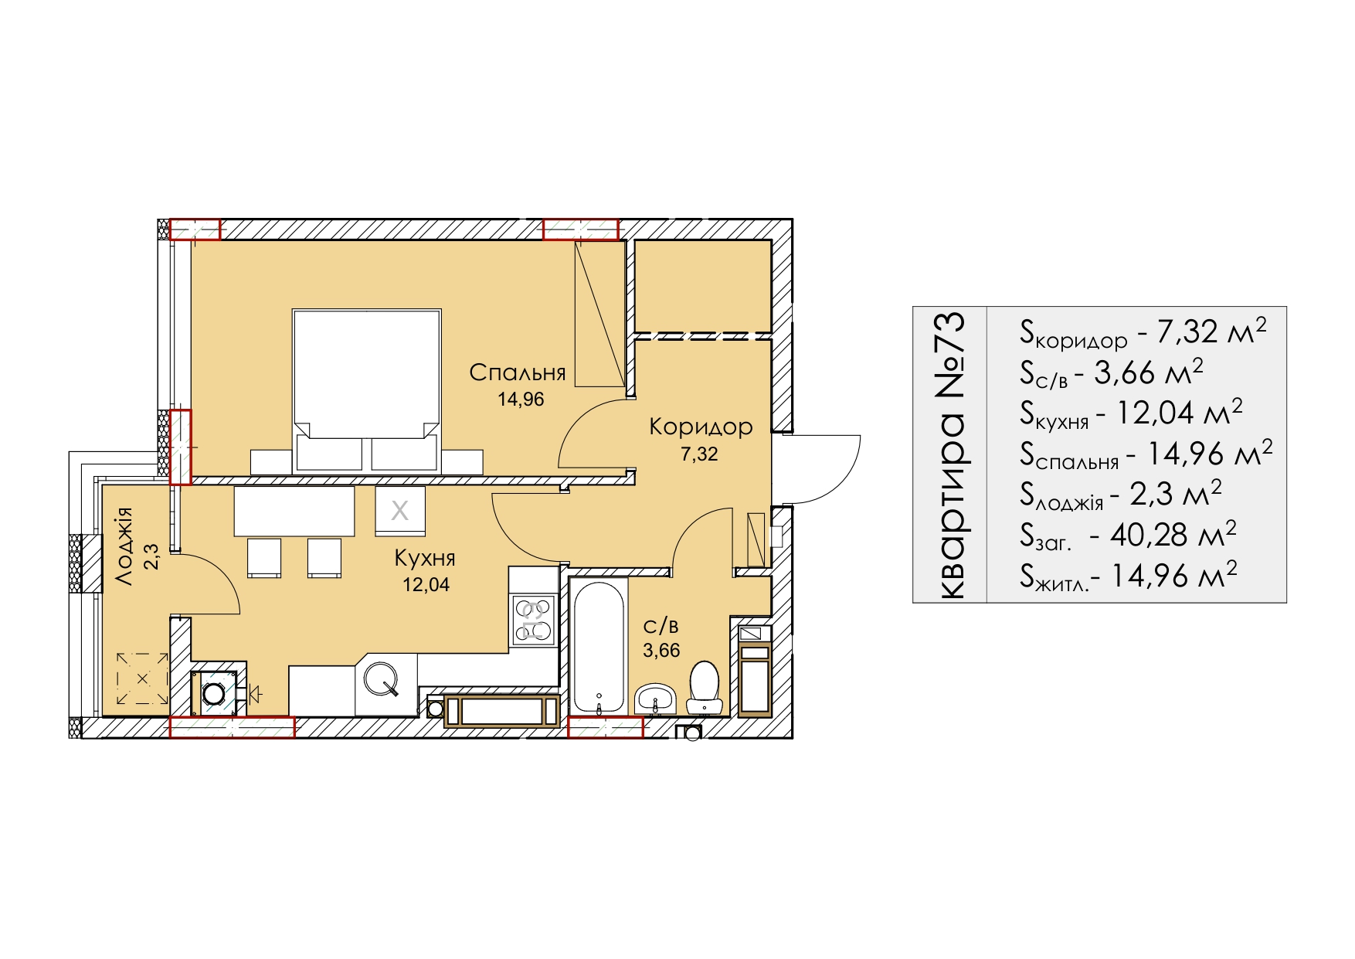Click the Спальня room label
[518, 372]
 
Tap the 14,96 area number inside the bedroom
[521, 400]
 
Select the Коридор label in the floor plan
[701, 427]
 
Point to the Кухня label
[425, 558]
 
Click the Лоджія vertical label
[124, 546]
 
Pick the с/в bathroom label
[661, 625]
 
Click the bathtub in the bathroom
[599, 646]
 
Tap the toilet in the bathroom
[703, 687]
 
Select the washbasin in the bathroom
[655, 699]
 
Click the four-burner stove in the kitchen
[534, 621]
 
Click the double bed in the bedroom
[367, 390]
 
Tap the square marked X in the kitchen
[400, 510]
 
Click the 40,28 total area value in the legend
[1139, 534]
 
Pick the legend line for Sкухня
[1131, 413]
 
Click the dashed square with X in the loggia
[143, 678]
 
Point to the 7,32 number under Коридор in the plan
[699, 454]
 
